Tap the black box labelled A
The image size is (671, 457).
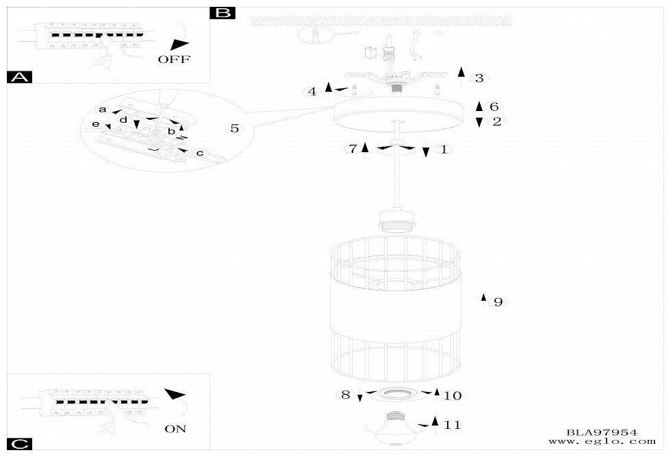[x=18, y=77]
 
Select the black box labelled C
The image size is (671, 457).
[x=18, y=445]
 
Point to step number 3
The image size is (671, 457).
[x=479, y=78]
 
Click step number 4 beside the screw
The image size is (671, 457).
[x=312, y=91]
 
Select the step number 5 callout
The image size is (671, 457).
[x=235, y=128]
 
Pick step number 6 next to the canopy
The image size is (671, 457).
[x=494, y=107]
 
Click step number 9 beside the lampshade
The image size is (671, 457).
[x=498, y=301]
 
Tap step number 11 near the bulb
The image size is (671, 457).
[x=452, y=425]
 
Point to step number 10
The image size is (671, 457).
[x=453, y=395]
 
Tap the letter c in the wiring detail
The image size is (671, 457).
[x=199, y=153]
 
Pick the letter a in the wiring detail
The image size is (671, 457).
[x=103, y=110]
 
